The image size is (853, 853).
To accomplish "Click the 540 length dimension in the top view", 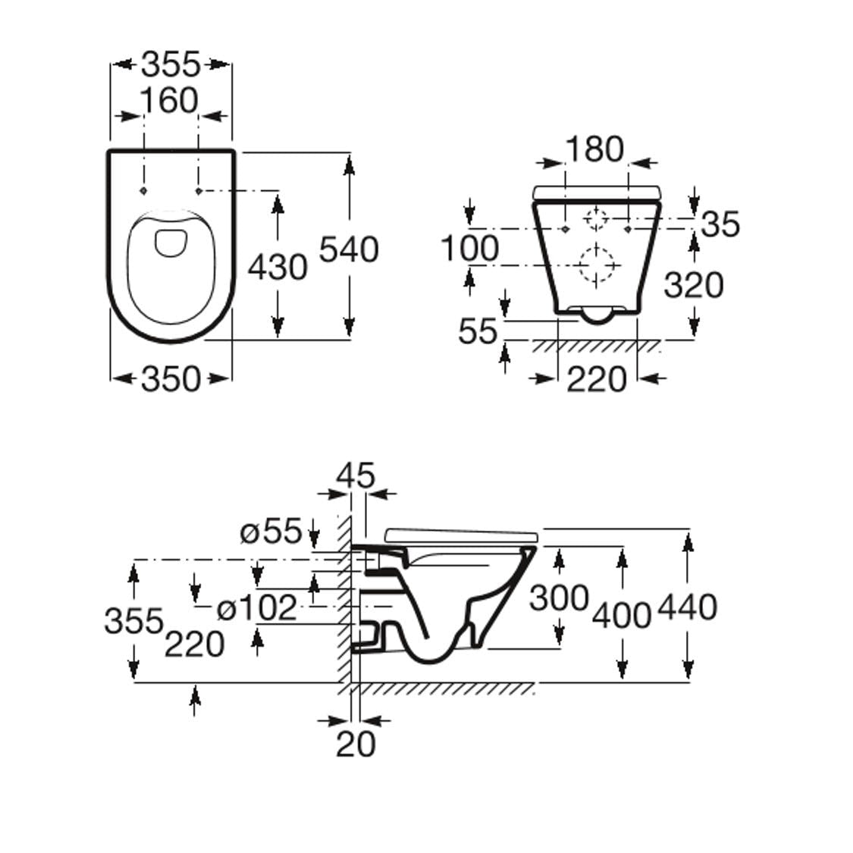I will pos(348,249).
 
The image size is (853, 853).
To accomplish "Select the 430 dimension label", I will pos(278,267).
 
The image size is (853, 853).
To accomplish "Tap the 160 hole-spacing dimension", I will pos(169,101).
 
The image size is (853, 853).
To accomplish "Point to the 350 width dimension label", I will pos(171,378).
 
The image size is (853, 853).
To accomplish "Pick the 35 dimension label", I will pos(720,224).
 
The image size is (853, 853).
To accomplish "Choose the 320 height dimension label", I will pos(693,285).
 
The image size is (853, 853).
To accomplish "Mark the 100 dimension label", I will pos(470,249).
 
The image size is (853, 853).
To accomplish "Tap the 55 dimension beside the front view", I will pos(478,331).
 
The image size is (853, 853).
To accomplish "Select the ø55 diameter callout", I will pos(271,531).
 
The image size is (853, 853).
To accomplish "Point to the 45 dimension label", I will pos(356,476).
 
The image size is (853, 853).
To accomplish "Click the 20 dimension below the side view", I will pos(356,744).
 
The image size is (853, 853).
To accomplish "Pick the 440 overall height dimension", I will pos(687,607).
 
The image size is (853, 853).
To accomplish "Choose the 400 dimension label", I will pos(622,614).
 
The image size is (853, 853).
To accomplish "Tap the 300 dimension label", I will pos(559,597).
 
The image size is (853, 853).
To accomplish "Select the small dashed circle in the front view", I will pos(597,218).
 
